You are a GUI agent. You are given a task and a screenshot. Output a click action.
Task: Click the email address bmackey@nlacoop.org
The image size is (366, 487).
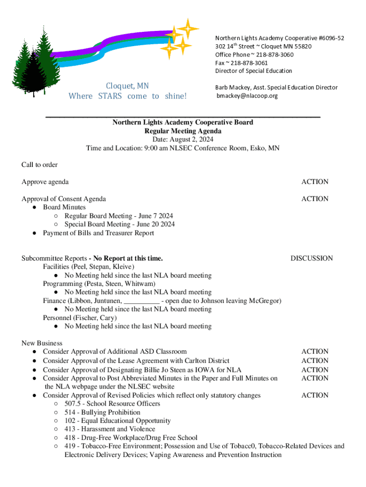coord(247,96)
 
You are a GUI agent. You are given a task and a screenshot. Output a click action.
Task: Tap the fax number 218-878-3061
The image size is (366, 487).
coord(250,63)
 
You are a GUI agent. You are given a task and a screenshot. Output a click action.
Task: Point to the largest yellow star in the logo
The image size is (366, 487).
coord(188,29)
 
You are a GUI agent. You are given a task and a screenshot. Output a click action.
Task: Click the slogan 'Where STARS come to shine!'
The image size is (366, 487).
coord(128,96)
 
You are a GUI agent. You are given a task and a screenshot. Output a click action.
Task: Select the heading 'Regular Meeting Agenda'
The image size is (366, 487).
coord(183,131)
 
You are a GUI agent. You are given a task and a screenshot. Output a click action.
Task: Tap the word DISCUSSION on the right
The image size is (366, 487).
coord(311,258)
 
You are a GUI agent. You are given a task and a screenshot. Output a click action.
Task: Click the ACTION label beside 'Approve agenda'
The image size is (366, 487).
coord(315,182)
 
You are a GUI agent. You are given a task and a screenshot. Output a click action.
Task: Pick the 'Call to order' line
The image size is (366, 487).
coord(39,165)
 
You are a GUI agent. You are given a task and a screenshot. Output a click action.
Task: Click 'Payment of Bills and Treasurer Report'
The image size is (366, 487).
coord(98,233)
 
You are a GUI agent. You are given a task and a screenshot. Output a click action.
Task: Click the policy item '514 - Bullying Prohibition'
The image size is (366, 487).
coord(103,412)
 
